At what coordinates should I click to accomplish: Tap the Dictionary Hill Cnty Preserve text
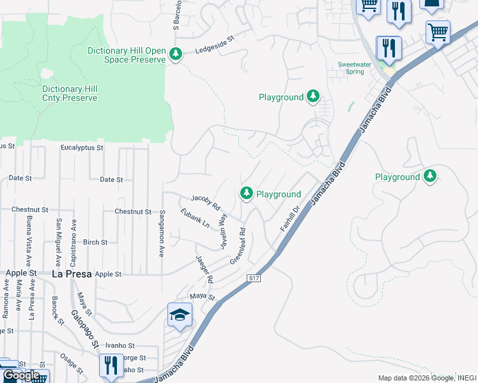click(70, 94)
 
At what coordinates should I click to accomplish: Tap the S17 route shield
click(254, 278)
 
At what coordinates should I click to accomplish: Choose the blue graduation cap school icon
click(180, 315)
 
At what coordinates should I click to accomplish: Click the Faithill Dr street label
click(289, 218)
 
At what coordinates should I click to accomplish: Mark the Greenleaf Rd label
click(238, 246)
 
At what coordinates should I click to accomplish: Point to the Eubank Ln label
click(195, 219)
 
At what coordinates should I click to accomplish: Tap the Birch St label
click(95, 243)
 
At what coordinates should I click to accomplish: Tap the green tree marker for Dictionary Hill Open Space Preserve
click(176, 55)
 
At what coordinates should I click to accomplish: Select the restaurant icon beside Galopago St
click(112, 365)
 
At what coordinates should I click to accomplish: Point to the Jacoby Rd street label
click(205, 203)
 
